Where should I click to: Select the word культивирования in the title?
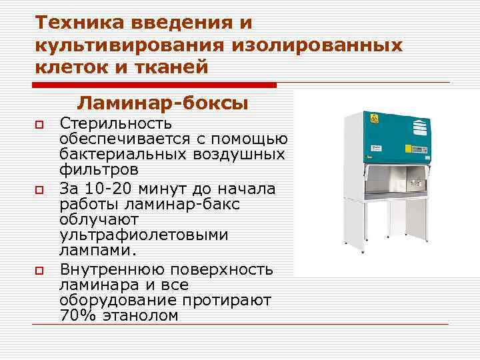click(x=127, y=45)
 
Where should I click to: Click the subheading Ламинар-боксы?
click(x=163, y=103)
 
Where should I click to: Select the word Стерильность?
click(x=116, y=124)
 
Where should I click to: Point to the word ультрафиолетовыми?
click(x=144, y=235)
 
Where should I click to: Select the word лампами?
click(x=97, y=251)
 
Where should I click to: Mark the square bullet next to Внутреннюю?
click(x=40, y=270)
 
